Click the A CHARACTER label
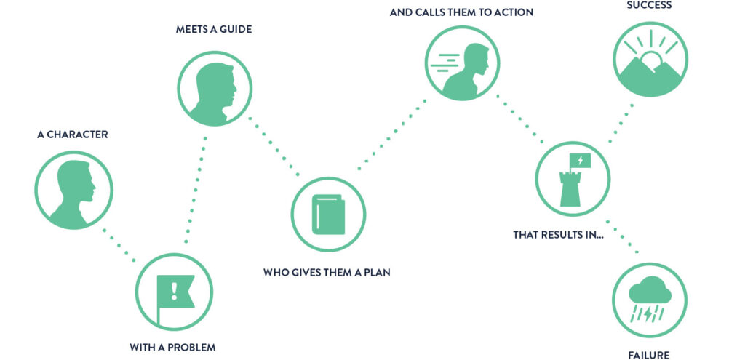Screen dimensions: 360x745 (x=72, y=135)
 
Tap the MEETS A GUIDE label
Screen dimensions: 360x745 (x=214, y=29)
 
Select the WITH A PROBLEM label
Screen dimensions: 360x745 (x=173, y=347)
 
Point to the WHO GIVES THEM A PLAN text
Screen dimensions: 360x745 (x=327, y=273)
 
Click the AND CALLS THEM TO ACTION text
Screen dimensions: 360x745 (x=461, y=12)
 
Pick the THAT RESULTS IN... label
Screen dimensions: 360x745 (x=558, y=235)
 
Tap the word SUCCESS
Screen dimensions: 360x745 (x=649, y=6)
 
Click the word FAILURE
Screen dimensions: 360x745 (x=649, y=356)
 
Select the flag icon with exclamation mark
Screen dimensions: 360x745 (x=175, y=293)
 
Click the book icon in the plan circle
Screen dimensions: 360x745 (x=328, y=215)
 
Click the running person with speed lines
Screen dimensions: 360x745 (x=462, y=70)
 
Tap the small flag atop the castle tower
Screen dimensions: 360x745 (x=581, y=161)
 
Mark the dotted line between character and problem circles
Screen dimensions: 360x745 (x=119, y=244)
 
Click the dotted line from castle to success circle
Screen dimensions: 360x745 (x=621, y=124)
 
